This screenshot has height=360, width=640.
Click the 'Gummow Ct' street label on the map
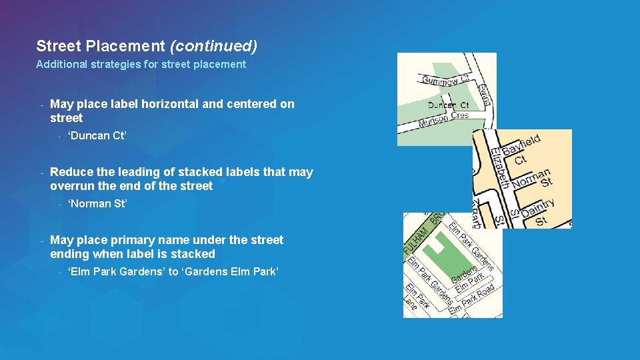tap(445, 80)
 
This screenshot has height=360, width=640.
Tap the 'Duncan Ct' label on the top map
tap(448, 105)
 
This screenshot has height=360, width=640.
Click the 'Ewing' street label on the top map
tap(485, 93)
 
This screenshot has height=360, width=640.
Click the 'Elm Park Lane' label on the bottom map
tap(411, 299)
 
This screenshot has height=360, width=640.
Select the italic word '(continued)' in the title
tap(213, 46)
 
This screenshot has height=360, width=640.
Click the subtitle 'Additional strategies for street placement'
tap(141, 65)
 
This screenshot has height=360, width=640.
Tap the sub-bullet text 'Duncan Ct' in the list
tap(97, 136)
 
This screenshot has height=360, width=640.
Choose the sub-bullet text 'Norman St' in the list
tap(97, 204)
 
